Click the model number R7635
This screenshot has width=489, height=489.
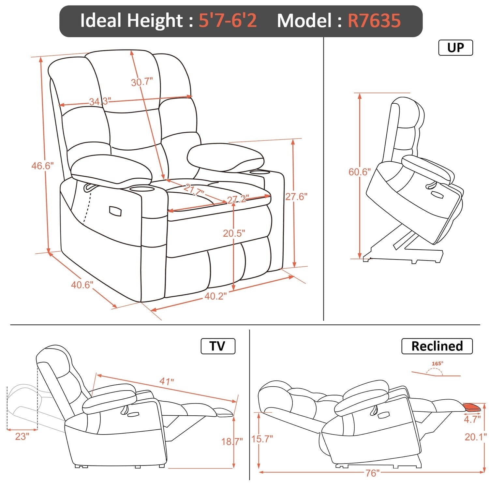[x=374, y=21]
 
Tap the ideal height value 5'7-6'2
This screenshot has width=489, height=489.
[x=228, y=21]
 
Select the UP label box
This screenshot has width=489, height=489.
[x=455, y=48]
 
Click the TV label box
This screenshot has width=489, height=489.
[x=217, y=346]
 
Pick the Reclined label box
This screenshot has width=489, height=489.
[x=437, y=346]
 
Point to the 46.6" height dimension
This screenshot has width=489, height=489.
[x=42, y=166]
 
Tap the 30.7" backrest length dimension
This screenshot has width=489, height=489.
[x=142, y=82]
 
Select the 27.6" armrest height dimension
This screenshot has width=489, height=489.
[x=296, y=197]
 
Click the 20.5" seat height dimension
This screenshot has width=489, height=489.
[x=234, y=233]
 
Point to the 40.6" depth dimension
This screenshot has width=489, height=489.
[x=82, y=285]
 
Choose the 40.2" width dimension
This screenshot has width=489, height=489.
[x=215, y=296]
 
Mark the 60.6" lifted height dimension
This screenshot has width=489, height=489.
[x=360, y=172]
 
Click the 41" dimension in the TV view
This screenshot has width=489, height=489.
[x=167, y=381]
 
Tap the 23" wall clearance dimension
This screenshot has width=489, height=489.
[x=22, y=436]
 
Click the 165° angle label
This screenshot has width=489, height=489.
[x=437, y=363]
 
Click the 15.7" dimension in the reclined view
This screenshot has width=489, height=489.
[x=262, y=439]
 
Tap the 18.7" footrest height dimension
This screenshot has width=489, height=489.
[x=232, y=442]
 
